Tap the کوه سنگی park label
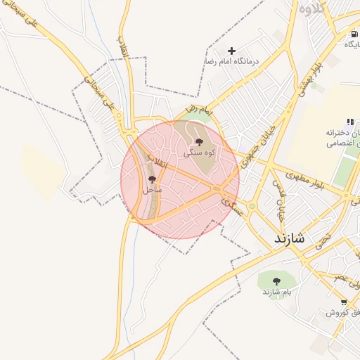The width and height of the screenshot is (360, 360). pos(200,152)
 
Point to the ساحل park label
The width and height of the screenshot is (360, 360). pos(153,190)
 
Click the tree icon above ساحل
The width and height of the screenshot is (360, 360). pos(153,180)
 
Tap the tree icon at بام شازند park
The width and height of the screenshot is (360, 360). pos(276,281)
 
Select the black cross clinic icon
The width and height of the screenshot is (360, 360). pos(231,51)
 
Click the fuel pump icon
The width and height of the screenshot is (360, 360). pos(351,34)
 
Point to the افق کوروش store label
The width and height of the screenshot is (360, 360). pos(342,312)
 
